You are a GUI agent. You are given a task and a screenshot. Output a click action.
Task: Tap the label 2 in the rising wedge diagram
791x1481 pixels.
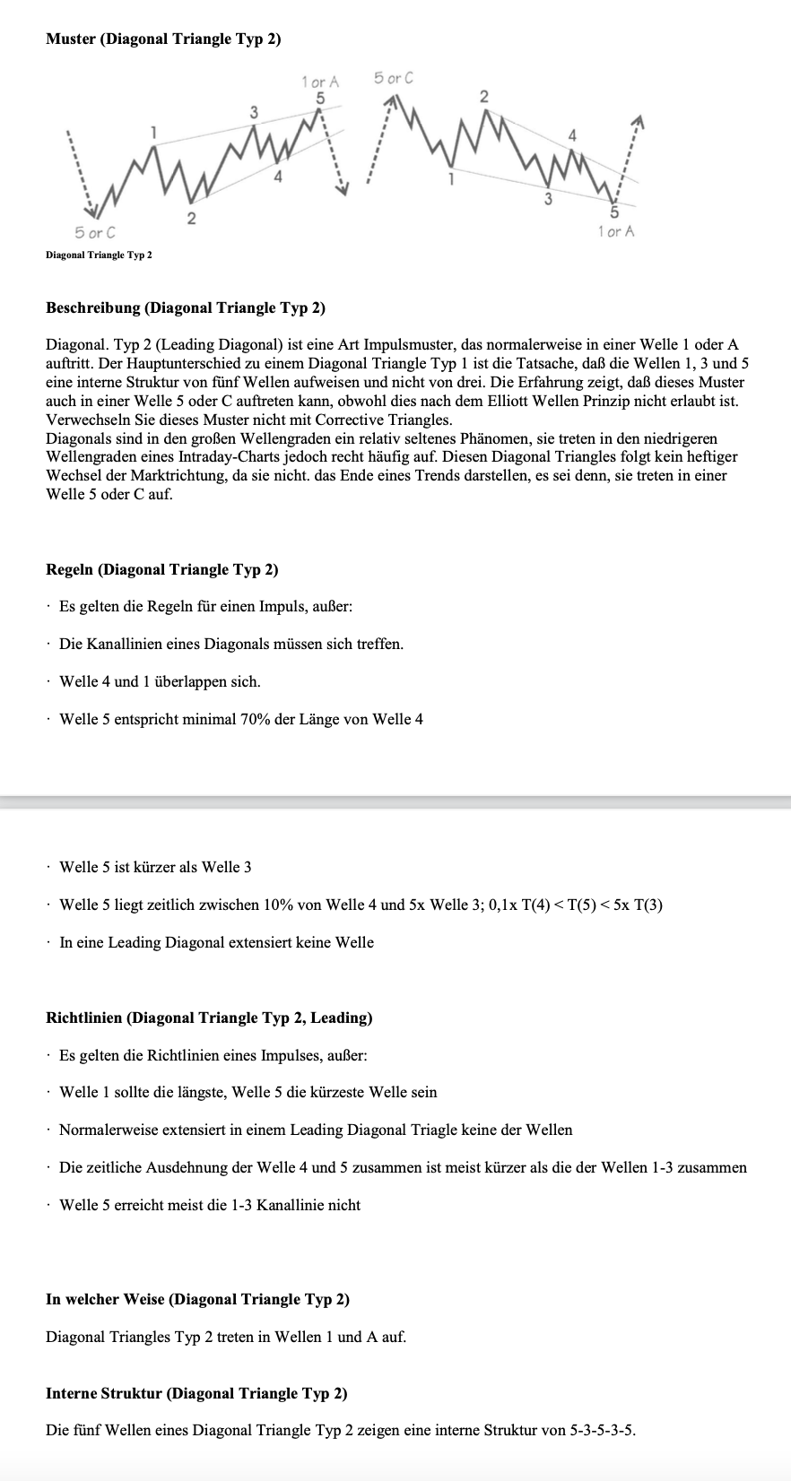[190, 217]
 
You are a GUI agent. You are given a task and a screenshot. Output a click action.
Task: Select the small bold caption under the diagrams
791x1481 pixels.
[99, 255]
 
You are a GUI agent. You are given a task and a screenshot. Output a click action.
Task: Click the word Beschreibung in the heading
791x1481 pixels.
[93, 308]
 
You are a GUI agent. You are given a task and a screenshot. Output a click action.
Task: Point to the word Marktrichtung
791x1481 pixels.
[179, 476]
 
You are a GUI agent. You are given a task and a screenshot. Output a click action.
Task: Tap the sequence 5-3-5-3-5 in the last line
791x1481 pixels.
[602, 1431]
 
